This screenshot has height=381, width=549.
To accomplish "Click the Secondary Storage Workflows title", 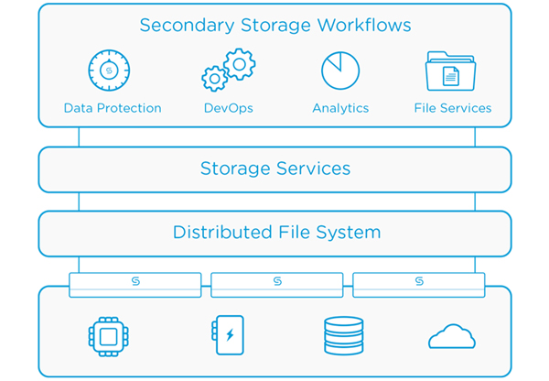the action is click(x=275, y=26).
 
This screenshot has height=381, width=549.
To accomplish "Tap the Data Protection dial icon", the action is click(x=109, y=71).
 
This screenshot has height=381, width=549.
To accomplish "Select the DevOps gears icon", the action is click(x=228, y=70).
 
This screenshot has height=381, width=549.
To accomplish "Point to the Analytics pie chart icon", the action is click(x=340, y=71).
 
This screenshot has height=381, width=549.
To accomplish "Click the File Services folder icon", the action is click(x=450, y=71).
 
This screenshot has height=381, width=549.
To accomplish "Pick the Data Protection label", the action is click(x=113, y=108).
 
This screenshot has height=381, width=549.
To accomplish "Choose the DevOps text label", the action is click(x=228, y=108).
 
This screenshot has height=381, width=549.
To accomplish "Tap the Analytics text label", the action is click(x=340, y=108).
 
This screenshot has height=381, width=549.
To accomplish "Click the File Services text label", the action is click(x=453, y=108).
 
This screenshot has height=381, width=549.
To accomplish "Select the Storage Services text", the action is click(x=275, y=169).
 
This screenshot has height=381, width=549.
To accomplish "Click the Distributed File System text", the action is click(x=276, y=233).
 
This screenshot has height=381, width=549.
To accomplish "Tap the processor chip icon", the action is click(x=109, y=336).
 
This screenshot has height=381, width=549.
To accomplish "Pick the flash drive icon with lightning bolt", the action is click(x=228, y=335).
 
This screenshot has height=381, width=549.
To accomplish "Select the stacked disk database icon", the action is click(x=343, y=336).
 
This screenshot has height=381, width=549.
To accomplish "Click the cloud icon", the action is click(x=452, y=336).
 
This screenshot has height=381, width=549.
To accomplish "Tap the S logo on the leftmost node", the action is click(x=135, y=281).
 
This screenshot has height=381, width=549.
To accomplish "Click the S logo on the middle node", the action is click(x=277, y=281).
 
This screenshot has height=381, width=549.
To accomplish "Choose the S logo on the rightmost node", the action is click(x=419, y=281).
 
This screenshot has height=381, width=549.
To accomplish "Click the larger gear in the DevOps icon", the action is click(x=240, y=64).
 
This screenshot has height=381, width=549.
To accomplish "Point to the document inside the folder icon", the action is click(x=450, y=76).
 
